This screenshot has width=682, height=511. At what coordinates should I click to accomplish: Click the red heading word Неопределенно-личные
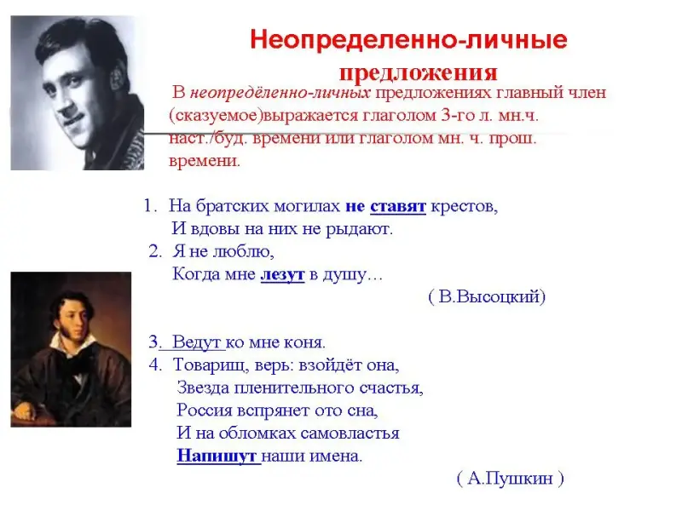(409, 40)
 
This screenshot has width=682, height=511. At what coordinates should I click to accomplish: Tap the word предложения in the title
(418, 72)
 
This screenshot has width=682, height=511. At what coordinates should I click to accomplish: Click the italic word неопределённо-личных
(280, 93)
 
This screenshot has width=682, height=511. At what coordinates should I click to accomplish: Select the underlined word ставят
(398, 206)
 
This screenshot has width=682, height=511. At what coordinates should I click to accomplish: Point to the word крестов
(464, 206)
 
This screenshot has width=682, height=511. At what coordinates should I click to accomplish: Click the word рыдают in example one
(359, 229)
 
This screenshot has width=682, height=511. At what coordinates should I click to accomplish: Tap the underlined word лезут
(282, 274)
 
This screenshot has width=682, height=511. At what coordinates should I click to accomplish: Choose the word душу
(346, 275)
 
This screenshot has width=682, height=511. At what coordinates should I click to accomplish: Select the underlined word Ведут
(197, 342)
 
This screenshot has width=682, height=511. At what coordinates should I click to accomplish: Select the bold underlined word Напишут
(217, 456)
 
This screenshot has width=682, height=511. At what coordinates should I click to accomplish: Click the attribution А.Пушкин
(510, 479)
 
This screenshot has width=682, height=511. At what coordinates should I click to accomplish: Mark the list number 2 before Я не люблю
(155, 251)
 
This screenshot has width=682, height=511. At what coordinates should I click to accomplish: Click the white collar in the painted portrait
(72, 343)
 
